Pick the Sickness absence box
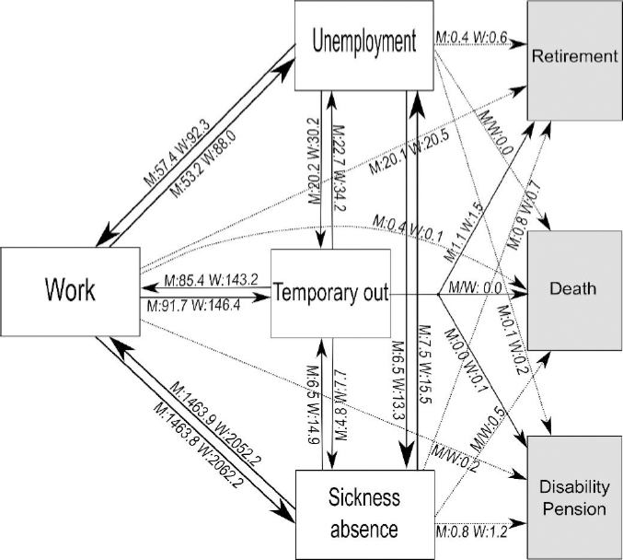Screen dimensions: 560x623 coord(363,512)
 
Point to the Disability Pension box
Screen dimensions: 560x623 coord(572,498)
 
